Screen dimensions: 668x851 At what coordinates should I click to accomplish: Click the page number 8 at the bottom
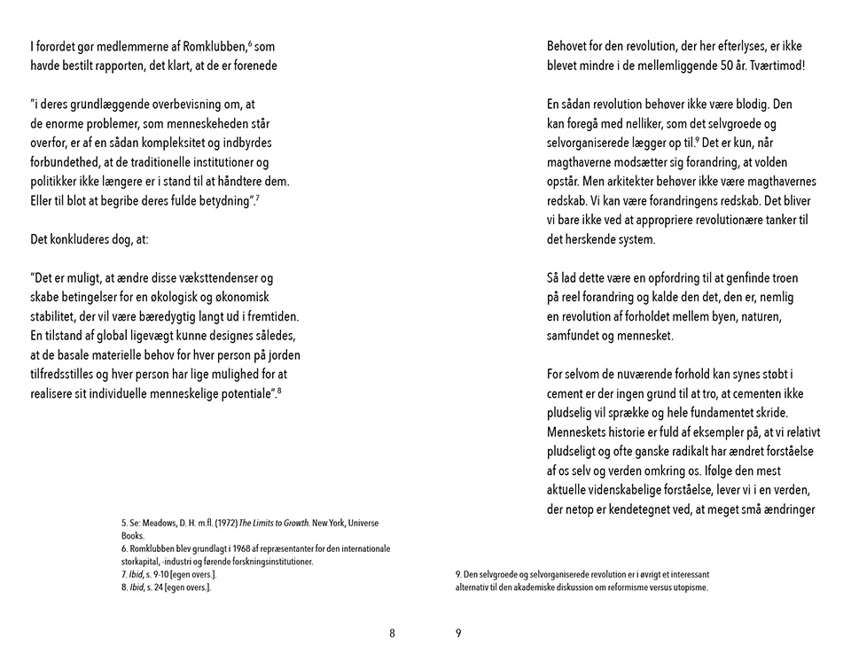click(392, 633)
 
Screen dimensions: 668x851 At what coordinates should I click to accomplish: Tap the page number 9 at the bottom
click(458, 633)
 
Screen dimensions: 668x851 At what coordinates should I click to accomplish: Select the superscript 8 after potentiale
click(279, 390)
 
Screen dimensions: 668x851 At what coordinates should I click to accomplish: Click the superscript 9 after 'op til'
click(699, 140)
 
